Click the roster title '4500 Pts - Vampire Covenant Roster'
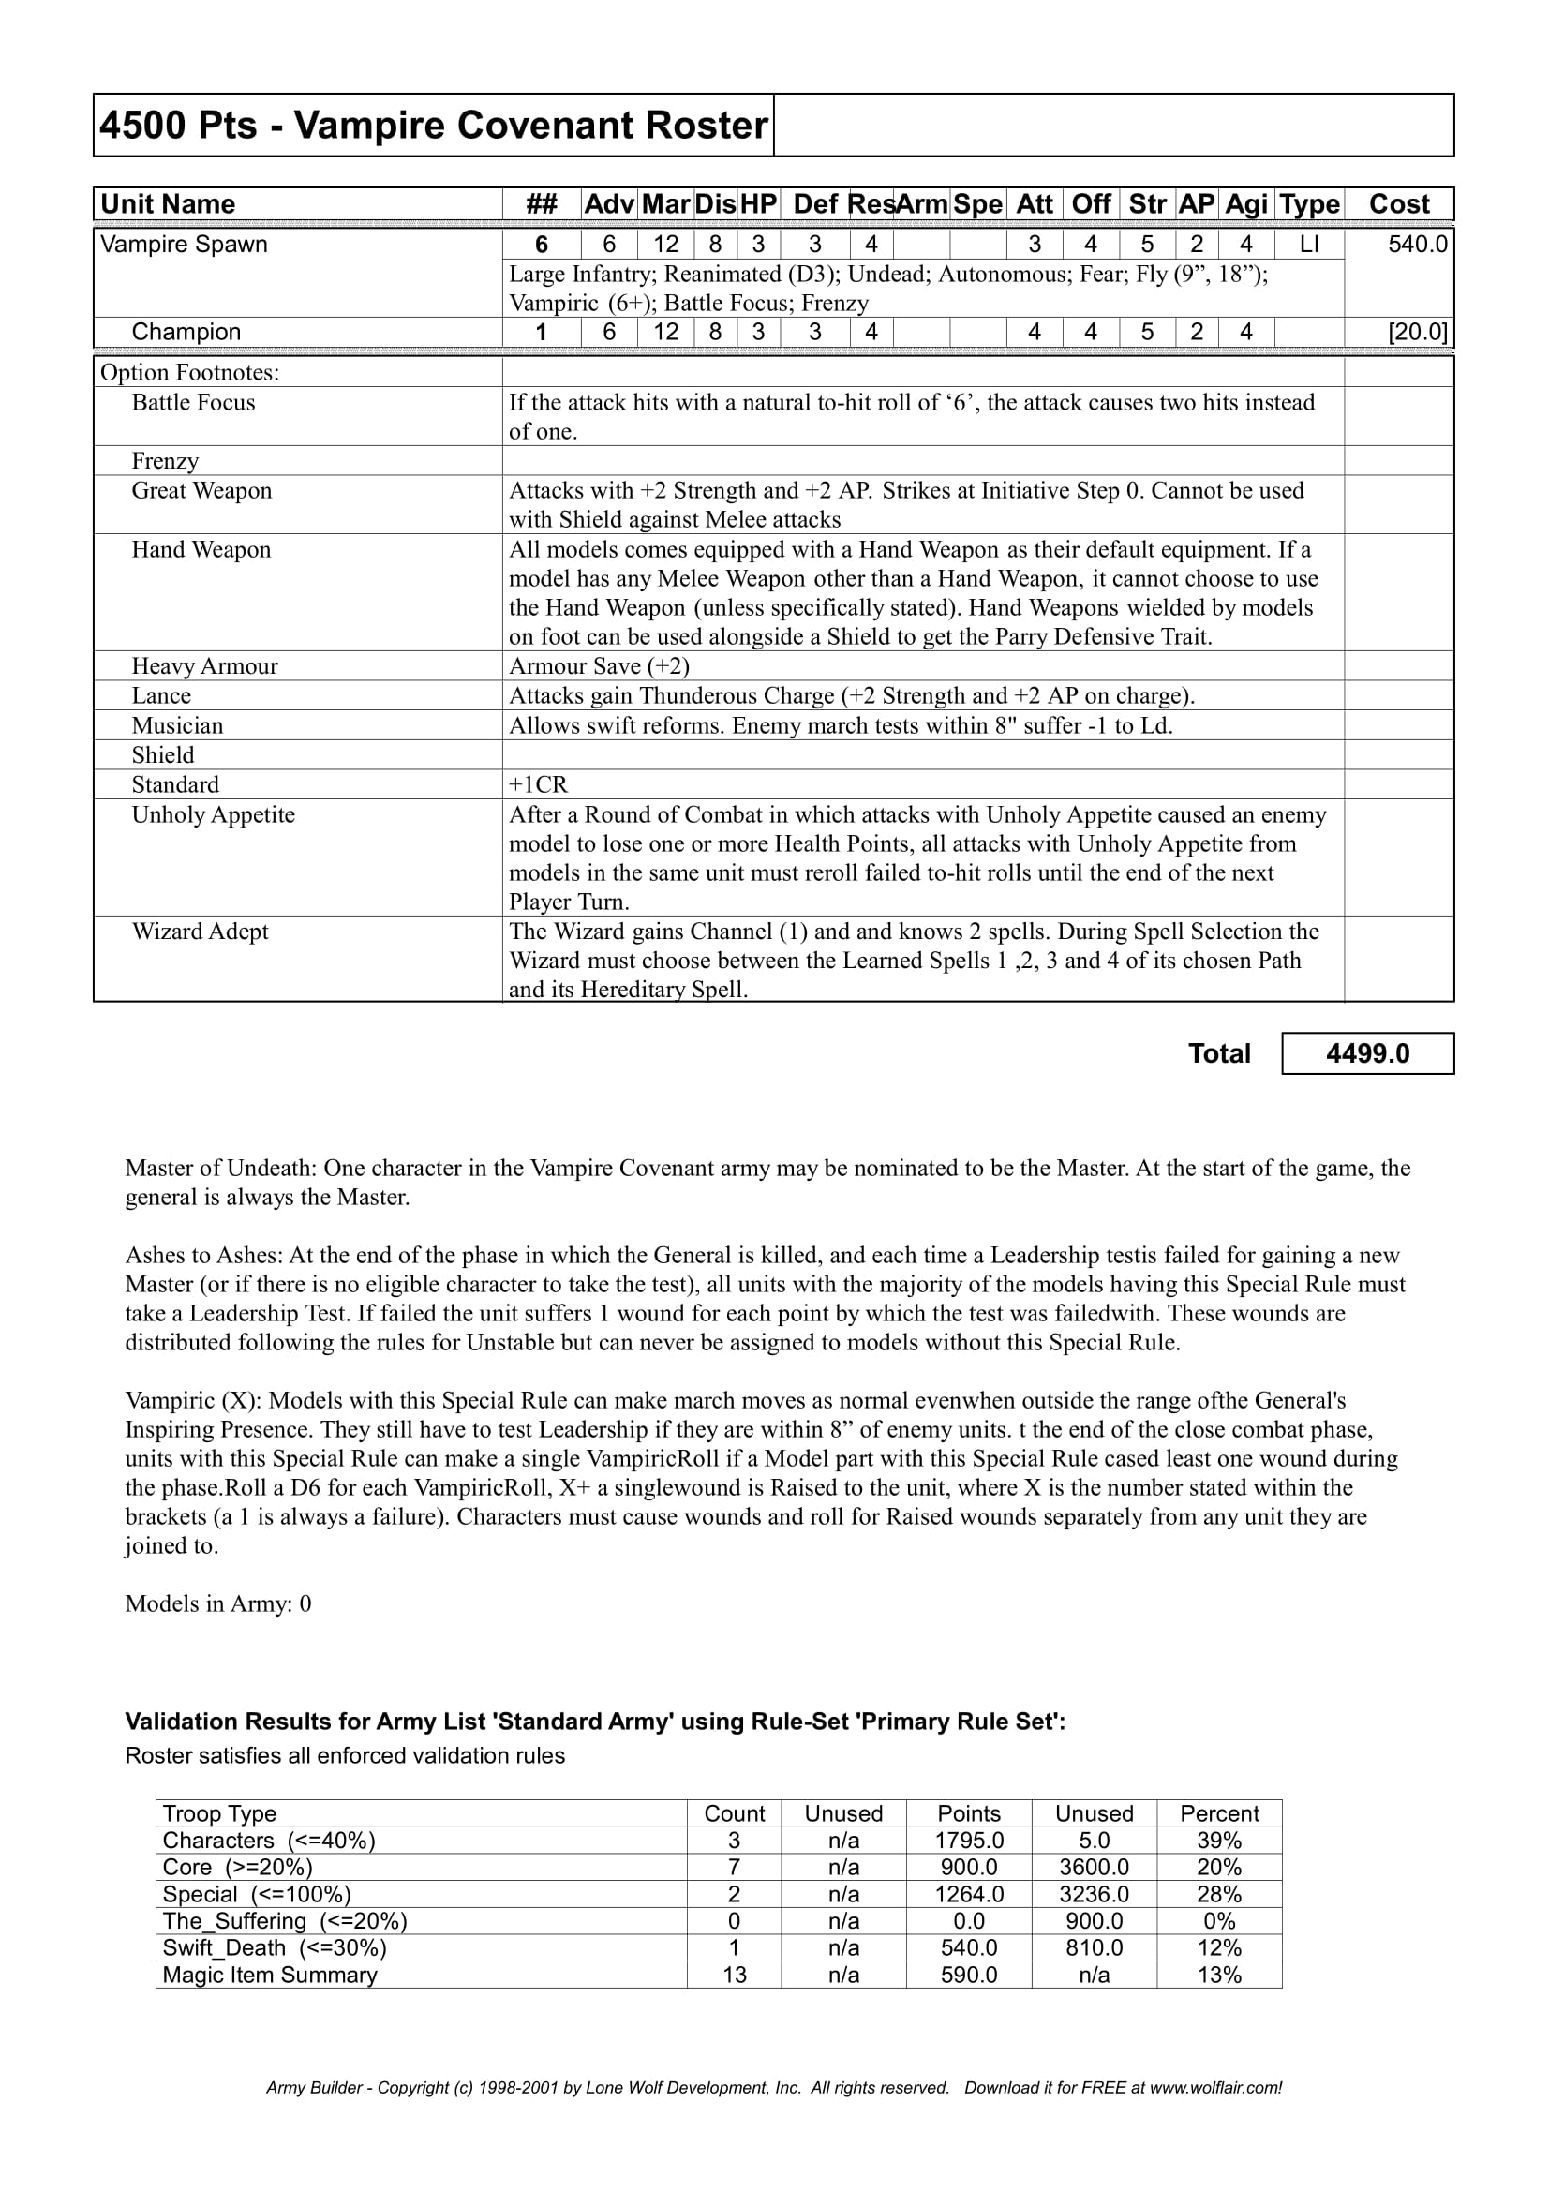click(x=433, y=126)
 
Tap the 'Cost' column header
click(x=1398, y=204)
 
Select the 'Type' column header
click(x=1309, y=204)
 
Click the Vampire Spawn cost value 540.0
click(x=1417, y=245)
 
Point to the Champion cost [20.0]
click(x=1417, y=333)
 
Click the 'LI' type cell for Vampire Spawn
click(x=1309, y=245)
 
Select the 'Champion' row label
click(x=186, y=333)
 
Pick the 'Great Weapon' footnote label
click(x=201, y=491)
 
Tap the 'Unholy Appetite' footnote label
click(x=213, y=815)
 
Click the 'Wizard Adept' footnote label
click(x=200, y=932)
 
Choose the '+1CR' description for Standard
click(x=538, y=784)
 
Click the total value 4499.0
click(x=1366, y=1054)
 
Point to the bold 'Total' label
click(x=1219, y=1054)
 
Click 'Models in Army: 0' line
click(x=218, y=1603)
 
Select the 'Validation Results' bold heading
click(x=595, y=1722)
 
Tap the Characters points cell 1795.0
click(x=969, y=1841)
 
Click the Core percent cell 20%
click(x=1219, y=1868)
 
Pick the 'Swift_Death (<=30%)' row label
click(x=275, y=1947)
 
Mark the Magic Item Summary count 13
click(x=734, y=1975)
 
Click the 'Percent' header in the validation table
click(x=1219, y=1814)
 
